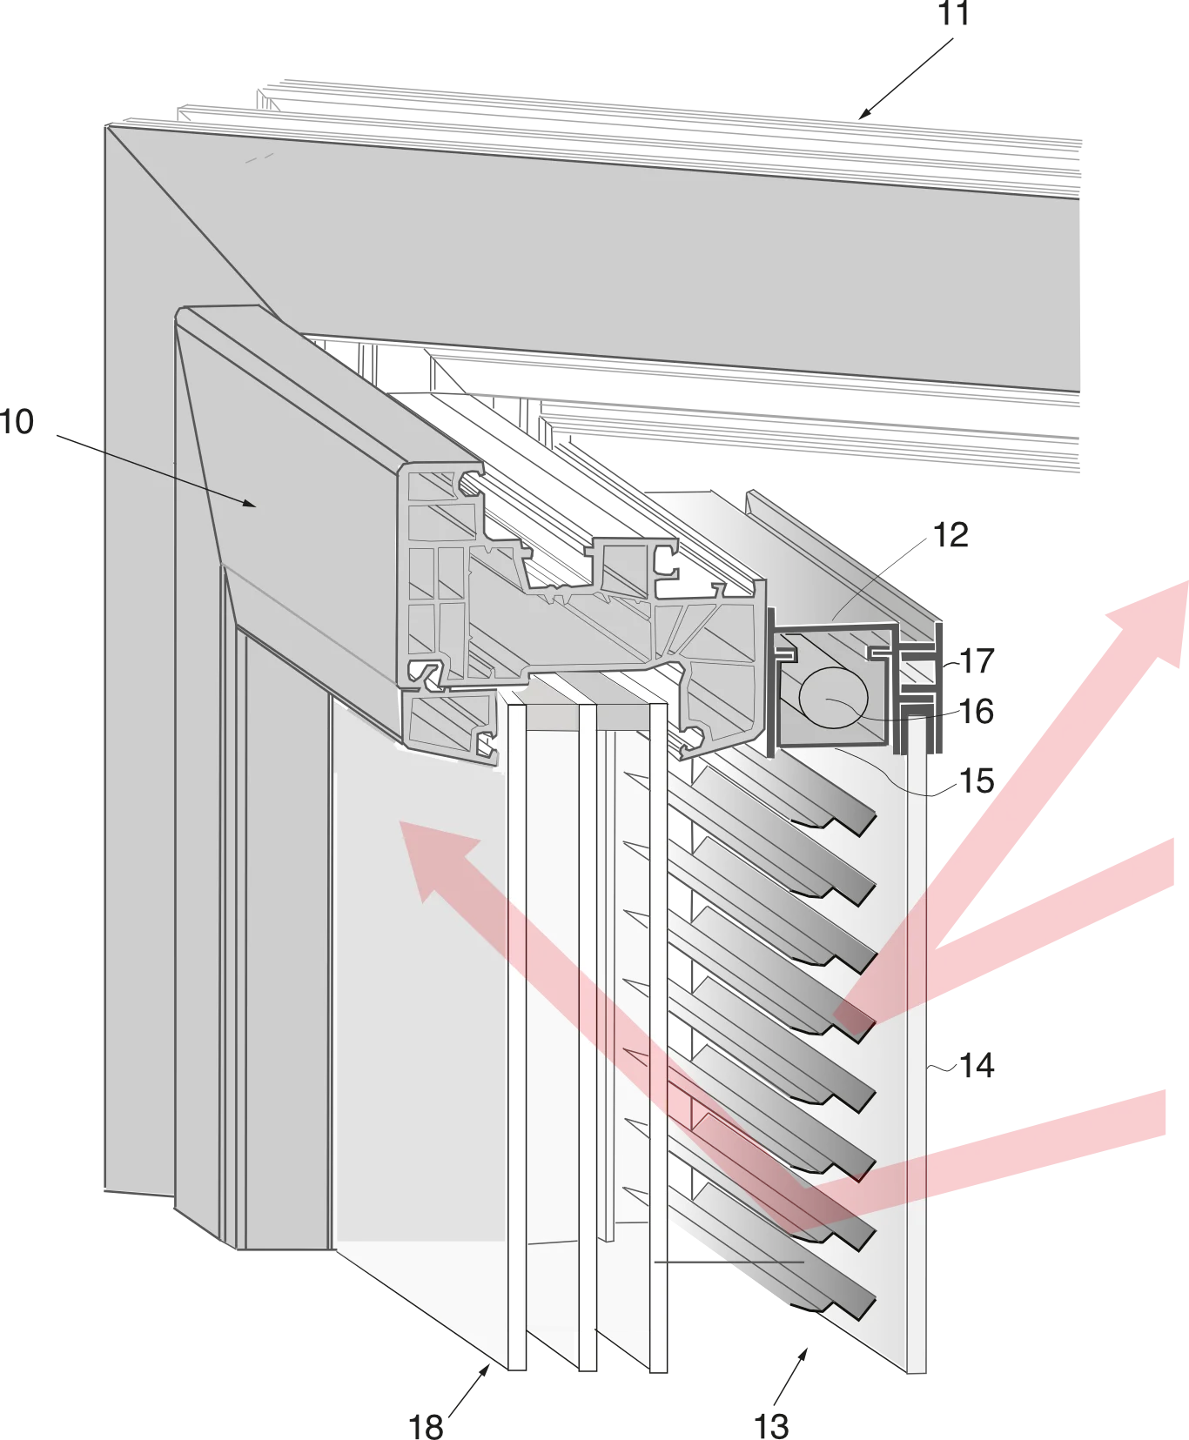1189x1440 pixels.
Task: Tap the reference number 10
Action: (x=17, y=422)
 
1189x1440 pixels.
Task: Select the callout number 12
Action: (x=951, y=535)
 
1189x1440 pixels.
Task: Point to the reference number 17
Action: (x=977, y=661)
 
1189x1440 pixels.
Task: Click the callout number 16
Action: (x=977, y=712)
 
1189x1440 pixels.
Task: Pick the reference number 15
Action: (x=977, y=780)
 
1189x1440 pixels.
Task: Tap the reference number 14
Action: (x=977, y=1065)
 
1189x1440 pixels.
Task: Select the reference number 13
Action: (x=772, y=1426)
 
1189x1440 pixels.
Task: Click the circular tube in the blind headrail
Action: (x=833, y=697)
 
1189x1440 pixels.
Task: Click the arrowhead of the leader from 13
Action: (x=804, y=1354)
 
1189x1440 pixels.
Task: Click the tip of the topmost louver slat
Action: (x=874, y=815)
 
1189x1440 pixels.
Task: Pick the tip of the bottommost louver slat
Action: (x=874, y=1301)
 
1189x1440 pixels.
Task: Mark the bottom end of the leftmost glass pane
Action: (x=517, y=1370)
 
